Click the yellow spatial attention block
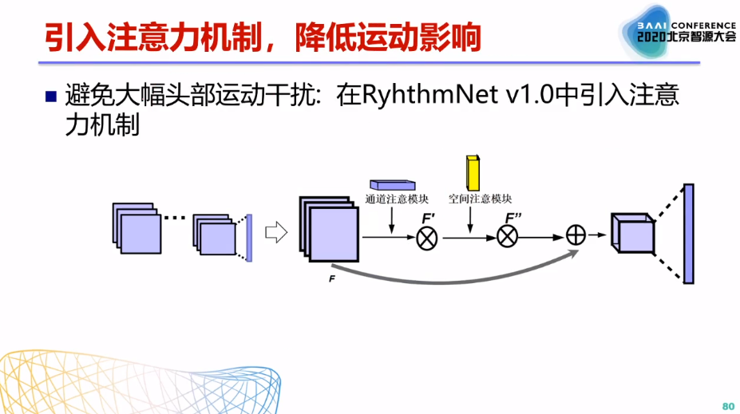click(x=473, y=173)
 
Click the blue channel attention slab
click(x=392, y=184)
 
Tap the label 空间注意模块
click(x=480, y=199)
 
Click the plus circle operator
click(x=576, y=235)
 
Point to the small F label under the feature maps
click(x=331, y=279)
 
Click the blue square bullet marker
click(x=51, y=97)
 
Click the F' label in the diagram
click(x=429, y=217)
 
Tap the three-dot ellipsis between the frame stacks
click(x=175, y=217)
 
